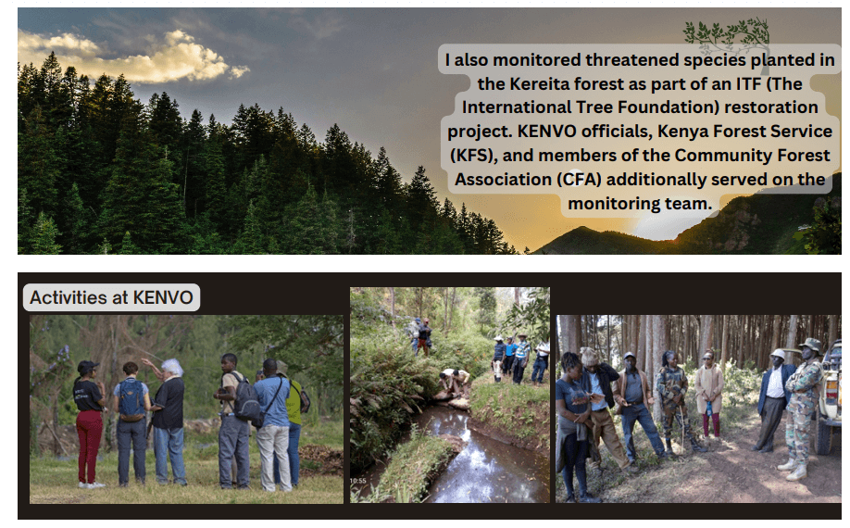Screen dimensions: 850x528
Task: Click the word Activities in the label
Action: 68,297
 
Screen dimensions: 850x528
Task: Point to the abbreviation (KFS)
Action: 474,156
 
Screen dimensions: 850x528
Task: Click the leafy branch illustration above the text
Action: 728,33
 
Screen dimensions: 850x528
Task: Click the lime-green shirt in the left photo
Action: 294,402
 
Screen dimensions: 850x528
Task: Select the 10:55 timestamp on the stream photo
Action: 357,481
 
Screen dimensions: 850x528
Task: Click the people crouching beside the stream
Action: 455,383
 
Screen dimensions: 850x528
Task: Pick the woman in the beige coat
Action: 708,394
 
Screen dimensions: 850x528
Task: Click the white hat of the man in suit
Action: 778,354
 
